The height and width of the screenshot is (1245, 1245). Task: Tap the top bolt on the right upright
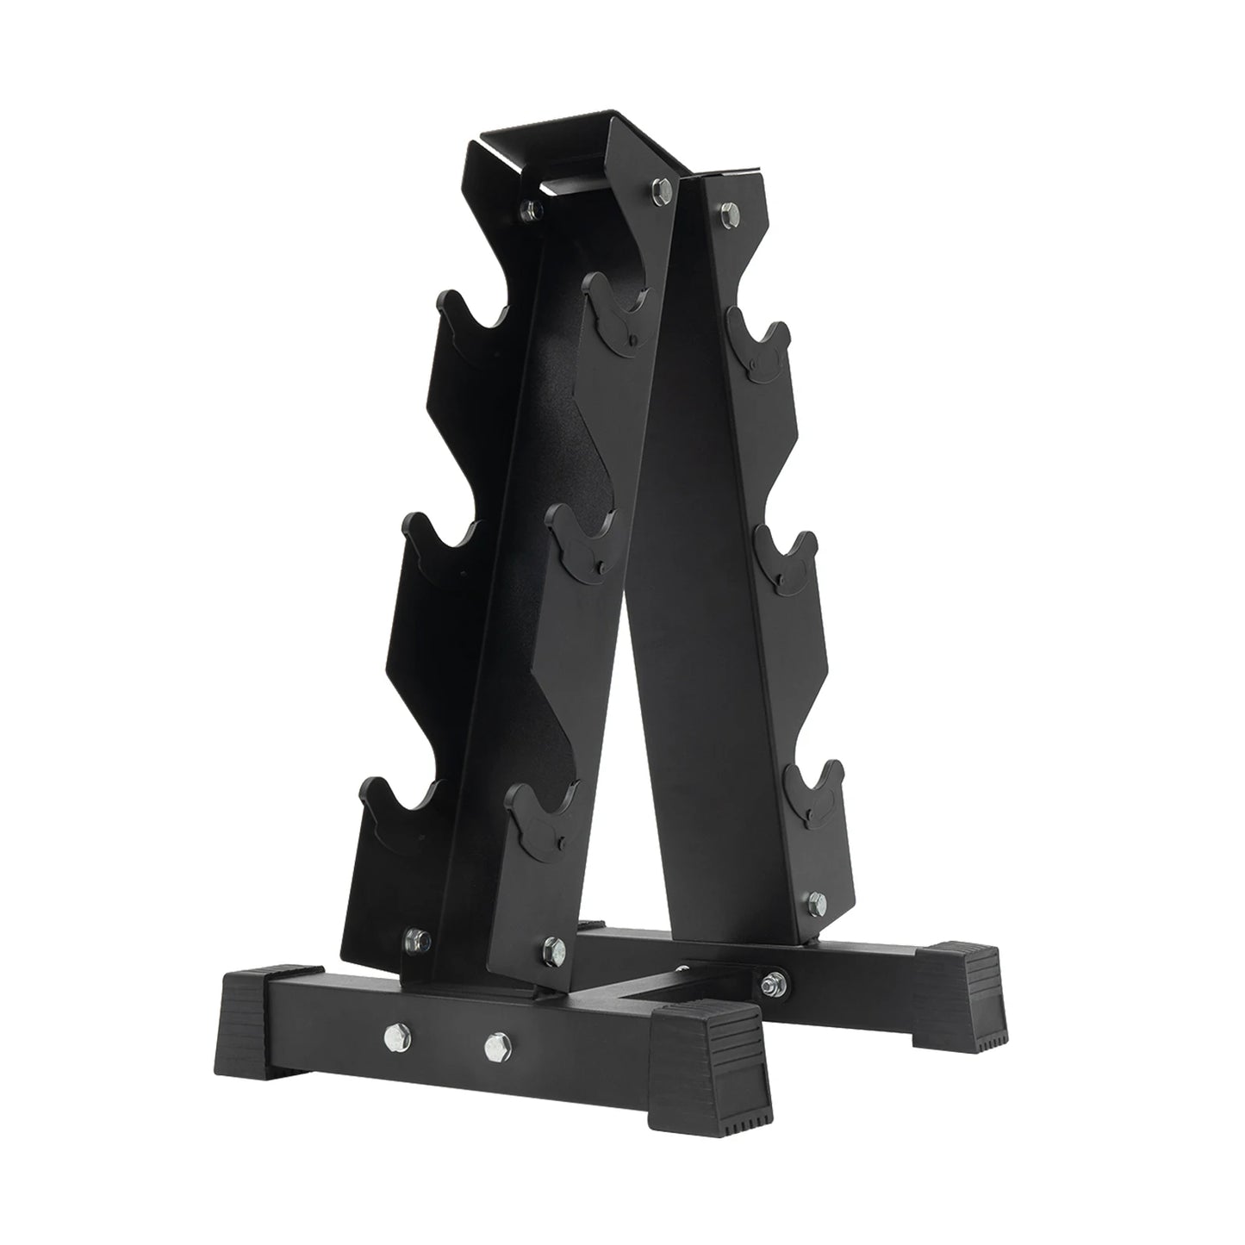730,209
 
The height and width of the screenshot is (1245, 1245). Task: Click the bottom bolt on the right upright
815,900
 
